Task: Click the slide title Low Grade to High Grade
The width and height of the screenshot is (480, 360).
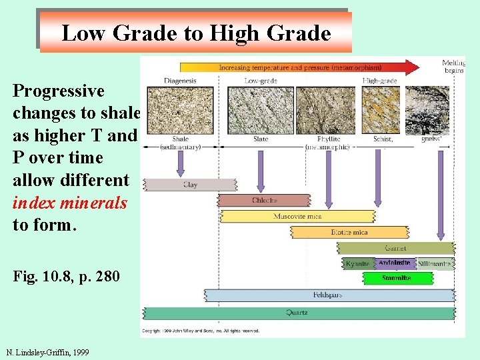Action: point(196,33)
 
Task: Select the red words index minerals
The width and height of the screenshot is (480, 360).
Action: point(70,203)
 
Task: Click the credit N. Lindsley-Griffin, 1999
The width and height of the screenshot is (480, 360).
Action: point(47,352)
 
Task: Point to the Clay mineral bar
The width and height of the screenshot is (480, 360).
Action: point(191,185)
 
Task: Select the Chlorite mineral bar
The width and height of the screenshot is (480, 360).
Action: point(264,201)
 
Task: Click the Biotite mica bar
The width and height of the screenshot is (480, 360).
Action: point(349,233)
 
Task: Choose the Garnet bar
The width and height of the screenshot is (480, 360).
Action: point(395,249)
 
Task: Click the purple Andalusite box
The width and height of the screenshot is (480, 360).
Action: point(395,263)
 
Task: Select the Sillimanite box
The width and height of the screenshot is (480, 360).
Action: point(435,264)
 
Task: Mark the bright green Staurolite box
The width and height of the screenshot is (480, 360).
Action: point(397,278)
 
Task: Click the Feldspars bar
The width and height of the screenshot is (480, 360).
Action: point(328,295)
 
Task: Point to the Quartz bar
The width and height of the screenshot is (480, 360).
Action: point(298,313)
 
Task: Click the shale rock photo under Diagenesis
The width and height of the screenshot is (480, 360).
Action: point(179,109)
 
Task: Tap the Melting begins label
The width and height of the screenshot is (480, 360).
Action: point(453,67)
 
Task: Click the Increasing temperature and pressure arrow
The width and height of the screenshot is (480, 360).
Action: point(299,67)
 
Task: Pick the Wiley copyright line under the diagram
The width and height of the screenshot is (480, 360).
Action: point(200,330)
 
